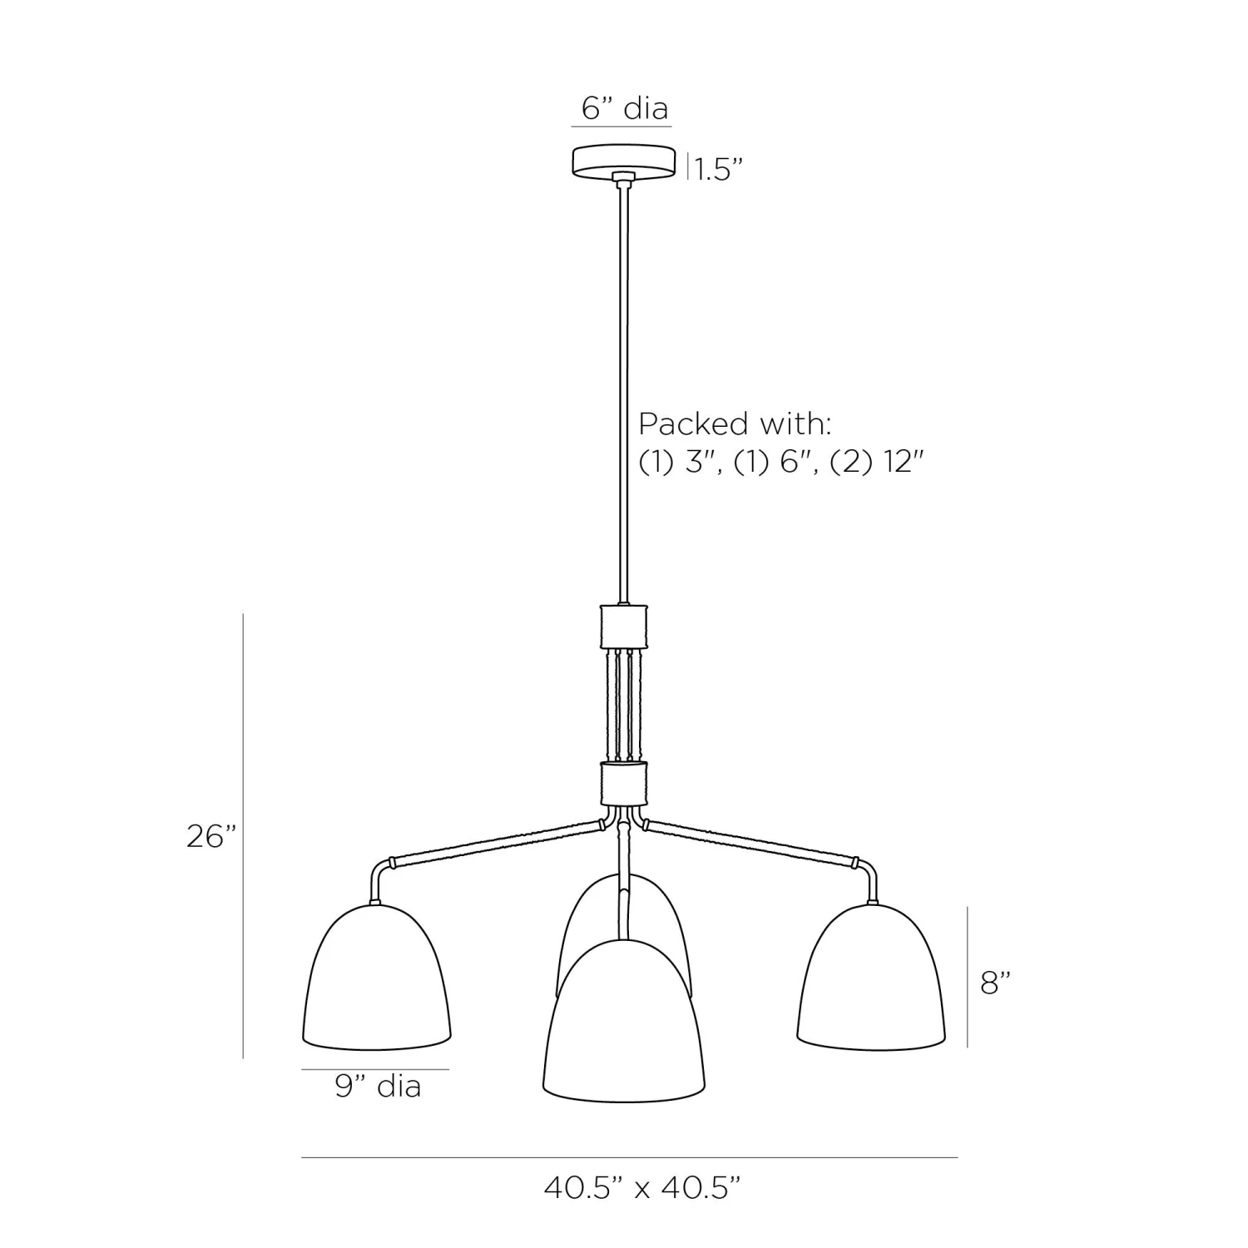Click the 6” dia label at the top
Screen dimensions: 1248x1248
click(625, 108)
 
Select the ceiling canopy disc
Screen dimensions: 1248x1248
click(623, 161)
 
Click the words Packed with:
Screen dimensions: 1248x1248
click(735, 423)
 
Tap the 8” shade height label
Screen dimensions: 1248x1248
click(995, 983)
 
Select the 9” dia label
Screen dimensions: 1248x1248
click(378, 1086)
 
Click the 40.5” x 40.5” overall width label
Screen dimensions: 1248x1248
click(641, 1187)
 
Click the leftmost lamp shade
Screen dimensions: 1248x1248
click(376, 975)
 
